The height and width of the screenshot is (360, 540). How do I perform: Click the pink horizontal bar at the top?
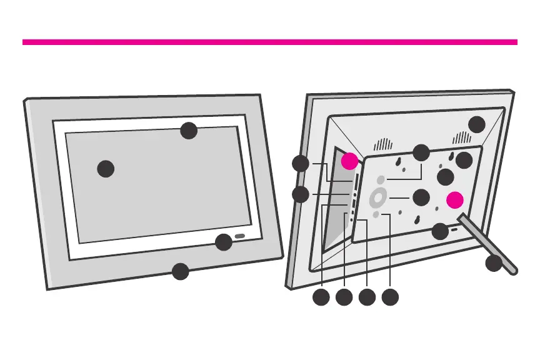click(x=270, y=42)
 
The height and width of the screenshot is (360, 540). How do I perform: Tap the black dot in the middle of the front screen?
click(x=106, y=169)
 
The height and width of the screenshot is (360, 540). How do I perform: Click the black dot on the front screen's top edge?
click(x=189, y=131)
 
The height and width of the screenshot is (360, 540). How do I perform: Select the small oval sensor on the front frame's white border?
click(x=240, y=237)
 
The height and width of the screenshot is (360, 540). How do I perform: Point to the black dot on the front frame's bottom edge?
click(x=180, y=271)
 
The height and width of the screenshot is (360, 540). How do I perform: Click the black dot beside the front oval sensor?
click(x=223, y=242)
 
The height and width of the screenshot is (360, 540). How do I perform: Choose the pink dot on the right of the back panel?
click(x=456, y=199)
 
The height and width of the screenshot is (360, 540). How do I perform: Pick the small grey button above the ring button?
click(x=381, y=179)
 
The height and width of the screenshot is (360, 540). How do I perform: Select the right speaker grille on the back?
click(x=461, y=137)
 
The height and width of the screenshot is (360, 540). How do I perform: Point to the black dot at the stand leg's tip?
click(x=494, y=263)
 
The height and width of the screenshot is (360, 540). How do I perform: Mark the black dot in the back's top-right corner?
click(x=477, y=124)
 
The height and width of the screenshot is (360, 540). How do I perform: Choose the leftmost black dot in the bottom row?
click(x=321, y=297)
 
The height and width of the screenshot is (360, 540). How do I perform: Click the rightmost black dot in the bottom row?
click(x=390, y=297)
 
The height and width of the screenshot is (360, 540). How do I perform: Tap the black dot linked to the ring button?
click(x=421, y=197)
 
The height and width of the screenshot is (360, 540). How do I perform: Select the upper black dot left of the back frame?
click(x=301, y=164)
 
